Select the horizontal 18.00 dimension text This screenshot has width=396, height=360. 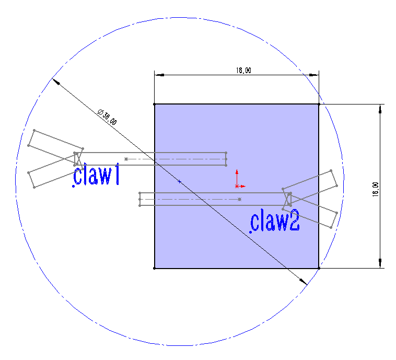(x=243, y=70)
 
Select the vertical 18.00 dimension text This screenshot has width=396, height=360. (x=376, y=189)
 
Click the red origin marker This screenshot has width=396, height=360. (x=237, y=186)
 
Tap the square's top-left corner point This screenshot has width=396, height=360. (x=155, y=104)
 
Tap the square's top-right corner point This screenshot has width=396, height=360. (x=319, y=104)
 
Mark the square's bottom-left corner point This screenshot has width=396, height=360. (x=155, y=268)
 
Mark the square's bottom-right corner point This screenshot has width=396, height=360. (x=319, y=268)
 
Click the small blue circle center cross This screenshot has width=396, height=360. (x=179, y=181)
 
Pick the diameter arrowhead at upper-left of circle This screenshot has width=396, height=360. (x=56, y=82)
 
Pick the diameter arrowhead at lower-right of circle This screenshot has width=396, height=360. (x=304, y=282)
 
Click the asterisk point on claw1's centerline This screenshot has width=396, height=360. (x=126, y=159)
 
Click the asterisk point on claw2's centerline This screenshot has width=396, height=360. (x=240, y=199)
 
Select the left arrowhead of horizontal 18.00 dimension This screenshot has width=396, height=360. (x=159, y=75)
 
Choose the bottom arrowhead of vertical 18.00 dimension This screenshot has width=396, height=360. (x=380, y=263)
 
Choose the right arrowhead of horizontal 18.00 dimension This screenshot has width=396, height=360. (x=314, y=75)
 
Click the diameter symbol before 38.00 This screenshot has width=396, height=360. (x=100, y=112)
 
